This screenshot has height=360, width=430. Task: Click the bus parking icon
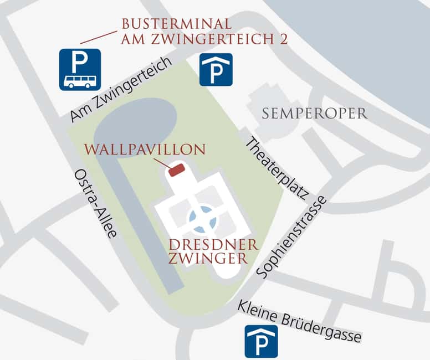[80, 69]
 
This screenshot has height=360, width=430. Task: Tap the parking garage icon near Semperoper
[216, 69]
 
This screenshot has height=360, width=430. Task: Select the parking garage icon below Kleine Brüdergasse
[261, 341]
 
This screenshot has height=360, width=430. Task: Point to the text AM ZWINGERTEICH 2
[204, 39]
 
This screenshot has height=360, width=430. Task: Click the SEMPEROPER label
[315, 114]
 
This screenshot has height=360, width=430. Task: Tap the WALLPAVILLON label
[145, 150]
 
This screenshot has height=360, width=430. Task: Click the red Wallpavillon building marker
[176, 169]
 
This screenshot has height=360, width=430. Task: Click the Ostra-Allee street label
[95, 203]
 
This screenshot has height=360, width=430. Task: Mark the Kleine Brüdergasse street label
[299, 321]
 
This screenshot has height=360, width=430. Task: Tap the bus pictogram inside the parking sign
[80, 81]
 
